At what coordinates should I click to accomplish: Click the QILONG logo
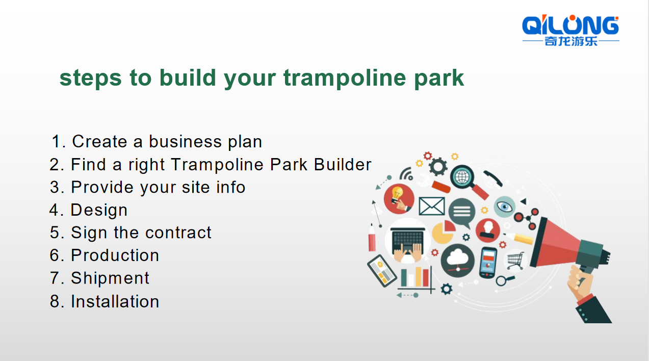(570, 30)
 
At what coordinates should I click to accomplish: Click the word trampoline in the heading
(345, 78)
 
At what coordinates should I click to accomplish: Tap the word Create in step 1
(99, 141)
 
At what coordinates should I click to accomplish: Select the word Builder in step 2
(343, 165)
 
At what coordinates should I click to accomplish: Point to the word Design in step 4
(99, 211)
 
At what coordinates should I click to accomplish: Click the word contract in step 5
(178, 233)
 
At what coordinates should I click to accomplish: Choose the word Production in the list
(115, 255)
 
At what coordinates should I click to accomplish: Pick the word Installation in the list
(115, 301)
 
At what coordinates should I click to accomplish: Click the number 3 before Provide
(55, 187)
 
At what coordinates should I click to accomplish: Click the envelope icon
(432, 206)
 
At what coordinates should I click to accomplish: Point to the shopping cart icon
(515, 261)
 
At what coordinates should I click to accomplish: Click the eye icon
(504, 207)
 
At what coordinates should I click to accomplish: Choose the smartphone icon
(488, 263)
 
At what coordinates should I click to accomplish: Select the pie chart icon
(444, 232)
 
